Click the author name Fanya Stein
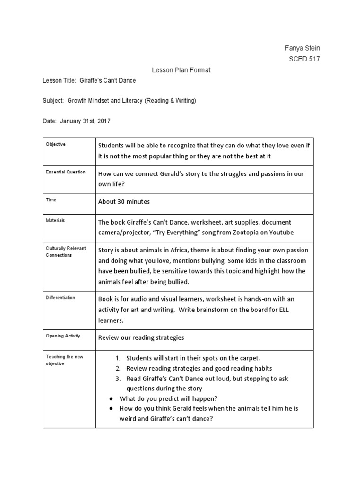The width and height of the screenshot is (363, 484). click(302, 48)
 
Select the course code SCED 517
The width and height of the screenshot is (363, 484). click(304, 59)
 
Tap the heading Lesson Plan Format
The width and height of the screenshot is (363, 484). click(181, 70)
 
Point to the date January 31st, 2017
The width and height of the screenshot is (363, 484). click(85, 121)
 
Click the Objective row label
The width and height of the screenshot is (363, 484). click(56, 144)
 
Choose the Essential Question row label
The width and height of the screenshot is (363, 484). click(66, 172)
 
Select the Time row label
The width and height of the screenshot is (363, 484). click(51, 200)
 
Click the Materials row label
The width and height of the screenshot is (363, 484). click(55, 220)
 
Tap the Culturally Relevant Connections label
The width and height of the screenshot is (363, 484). click(66, 251)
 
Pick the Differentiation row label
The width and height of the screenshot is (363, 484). click(60, 298)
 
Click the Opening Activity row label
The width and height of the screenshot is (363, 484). click(63, 336)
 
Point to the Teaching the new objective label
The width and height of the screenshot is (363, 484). click(65, 360)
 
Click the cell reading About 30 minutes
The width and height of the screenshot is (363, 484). click(124, 202)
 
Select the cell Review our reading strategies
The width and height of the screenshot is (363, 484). click(141, 337)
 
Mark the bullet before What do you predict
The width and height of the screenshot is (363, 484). click(110, 398)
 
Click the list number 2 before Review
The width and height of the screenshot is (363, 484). click(118, 368)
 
